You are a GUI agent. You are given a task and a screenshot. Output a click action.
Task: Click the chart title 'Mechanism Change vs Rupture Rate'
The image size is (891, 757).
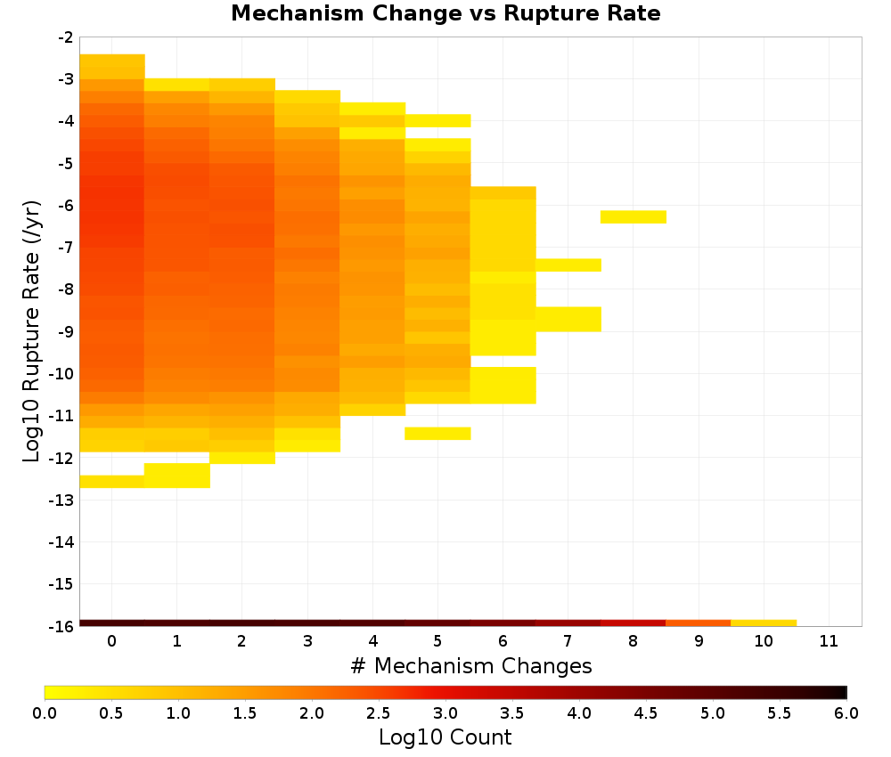coord(445,13)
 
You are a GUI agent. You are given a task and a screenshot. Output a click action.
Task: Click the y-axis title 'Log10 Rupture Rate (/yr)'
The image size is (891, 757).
coord(31,331)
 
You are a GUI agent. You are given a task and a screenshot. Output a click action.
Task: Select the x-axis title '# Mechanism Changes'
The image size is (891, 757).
coord(471,665)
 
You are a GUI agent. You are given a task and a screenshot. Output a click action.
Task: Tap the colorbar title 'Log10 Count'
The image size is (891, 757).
coord(445,737)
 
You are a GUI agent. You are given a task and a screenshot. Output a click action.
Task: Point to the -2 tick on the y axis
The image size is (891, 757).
coord(66,37)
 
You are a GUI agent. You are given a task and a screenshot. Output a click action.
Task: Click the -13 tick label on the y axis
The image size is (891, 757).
coord(62,500)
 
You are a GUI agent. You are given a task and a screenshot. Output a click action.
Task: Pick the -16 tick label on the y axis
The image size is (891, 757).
coord(62,626)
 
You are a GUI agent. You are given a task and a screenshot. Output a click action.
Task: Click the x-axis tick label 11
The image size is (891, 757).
coord(829,641)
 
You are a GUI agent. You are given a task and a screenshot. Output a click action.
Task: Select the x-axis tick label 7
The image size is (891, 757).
coord(568,641)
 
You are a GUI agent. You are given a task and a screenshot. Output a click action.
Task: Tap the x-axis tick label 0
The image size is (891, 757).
coord(112,641)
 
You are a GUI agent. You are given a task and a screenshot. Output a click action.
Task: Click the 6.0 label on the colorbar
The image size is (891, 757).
coord(846,712)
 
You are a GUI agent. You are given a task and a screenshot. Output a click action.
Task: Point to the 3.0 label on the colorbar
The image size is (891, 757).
coord(445,712)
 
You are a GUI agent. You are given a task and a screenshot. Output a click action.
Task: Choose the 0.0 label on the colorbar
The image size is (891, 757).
coord(45,712)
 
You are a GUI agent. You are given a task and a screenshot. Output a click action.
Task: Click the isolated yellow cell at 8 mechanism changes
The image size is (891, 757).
coord(634,217)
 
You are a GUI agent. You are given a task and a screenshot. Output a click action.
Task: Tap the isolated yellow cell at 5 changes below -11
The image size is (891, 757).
coord(437,434)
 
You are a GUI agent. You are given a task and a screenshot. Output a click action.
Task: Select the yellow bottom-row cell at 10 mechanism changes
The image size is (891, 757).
coord(764,623)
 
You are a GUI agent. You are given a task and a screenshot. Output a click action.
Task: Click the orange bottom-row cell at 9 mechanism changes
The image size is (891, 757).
coord(699,623)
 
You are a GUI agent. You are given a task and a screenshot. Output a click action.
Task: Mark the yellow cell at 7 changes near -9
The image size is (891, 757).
coord(568,319)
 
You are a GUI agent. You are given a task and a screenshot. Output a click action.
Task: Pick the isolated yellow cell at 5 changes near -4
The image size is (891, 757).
coord(437,120)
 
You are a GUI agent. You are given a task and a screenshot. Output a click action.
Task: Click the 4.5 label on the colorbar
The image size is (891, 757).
coord(645,712)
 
